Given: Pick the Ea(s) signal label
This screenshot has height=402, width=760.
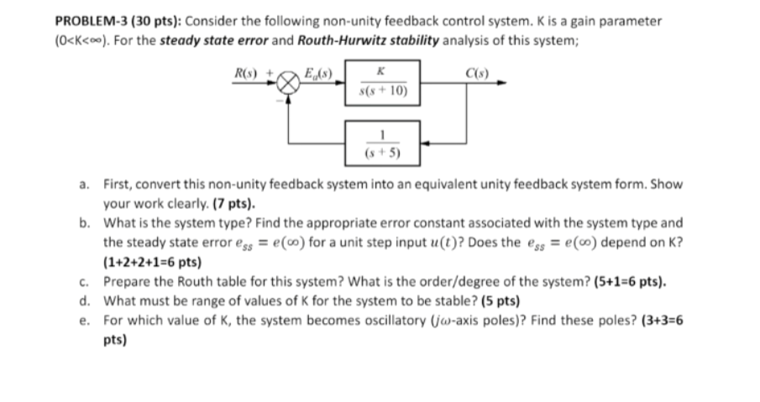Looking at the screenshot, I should pyautogui.click(x=318, y=73).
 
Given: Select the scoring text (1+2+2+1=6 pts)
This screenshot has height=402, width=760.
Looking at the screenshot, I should pyautogui.click(x=152, y=262).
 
